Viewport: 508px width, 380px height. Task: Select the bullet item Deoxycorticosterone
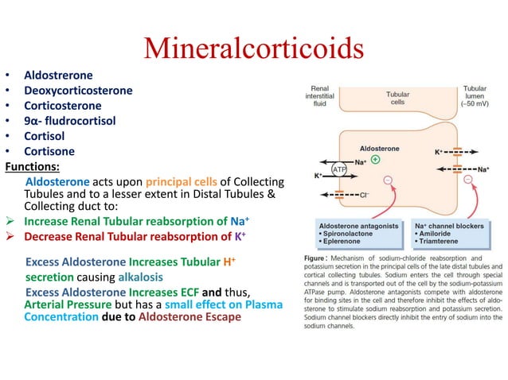78,91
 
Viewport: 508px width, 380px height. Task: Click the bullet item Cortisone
49,151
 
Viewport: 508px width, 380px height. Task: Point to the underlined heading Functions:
32,167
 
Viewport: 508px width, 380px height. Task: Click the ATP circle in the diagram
340,169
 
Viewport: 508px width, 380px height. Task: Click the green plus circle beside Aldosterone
375,159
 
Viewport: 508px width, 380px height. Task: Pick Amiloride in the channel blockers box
437,237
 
